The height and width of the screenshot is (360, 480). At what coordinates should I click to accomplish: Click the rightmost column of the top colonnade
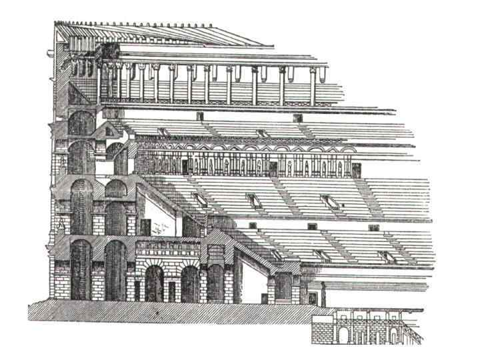point(313,85)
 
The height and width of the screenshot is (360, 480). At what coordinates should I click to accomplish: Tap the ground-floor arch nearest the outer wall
point(80,270)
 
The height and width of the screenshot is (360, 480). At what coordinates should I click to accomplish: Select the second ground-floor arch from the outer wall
point(115,270)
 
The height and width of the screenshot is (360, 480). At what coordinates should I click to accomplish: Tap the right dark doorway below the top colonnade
point(297,118)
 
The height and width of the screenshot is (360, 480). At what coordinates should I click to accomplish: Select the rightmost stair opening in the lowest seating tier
point(386,257)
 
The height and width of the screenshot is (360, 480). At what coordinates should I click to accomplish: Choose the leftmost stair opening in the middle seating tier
point(199,199)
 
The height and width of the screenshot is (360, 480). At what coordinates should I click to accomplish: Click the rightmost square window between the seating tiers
point(374,227)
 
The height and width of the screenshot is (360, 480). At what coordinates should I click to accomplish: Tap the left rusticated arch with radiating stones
point(155,282)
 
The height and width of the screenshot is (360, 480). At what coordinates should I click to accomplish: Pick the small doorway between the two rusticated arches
point(171,291)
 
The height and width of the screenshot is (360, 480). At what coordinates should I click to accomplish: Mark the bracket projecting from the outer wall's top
point(52,52)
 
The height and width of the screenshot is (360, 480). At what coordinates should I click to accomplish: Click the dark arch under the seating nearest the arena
point(283,287)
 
